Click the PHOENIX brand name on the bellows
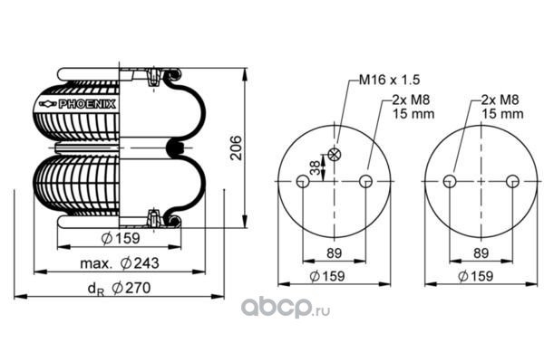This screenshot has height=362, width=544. click(x=87, y=104)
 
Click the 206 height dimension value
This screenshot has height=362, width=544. click(x=237, y=148)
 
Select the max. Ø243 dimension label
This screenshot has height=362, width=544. click(x=120, y=263)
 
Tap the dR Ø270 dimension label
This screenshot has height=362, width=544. click(x=120, y=288)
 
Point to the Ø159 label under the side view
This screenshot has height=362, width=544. click(x=121, y=238)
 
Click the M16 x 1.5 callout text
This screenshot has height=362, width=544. click(x=389, y=80)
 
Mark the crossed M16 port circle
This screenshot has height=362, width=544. click(x=335, y=155)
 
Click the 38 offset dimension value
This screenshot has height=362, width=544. click(x=315, y=167)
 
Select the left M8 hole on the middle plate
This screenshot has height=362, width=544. click(x=303, y=181)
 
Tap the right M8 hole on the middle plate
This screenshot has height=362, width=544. click(x=365, y=181)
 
